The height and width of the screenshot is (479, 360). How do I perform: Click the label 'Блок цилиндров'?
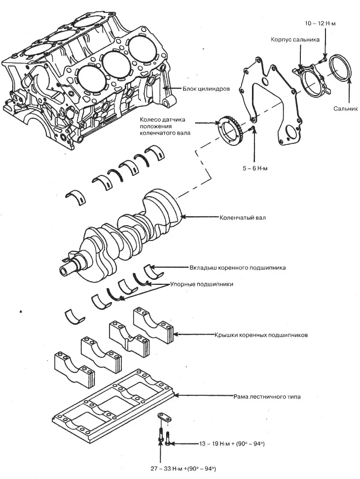(x=206, y=89)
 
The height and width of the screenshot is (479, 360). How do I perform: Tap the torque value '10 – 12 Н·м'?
(x=320, y=24)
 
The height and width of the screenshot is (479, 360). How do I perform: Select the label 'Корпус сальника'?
(x=295, y=40)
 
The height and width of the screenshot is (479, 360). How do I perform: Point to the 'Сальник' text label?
(x=345, y=109)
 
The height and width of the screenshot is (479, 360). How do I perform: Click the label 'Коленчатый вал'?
(x=243, y=218)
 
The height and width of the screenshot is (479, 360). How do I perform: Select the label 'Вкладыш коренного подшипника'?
(x=238, y=268)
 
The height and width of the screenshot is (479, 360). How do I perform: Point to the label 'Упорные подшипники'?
(x=202, y=284)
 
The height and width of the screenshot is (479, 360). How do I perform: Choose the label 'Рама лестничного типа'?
(x=267, y=397)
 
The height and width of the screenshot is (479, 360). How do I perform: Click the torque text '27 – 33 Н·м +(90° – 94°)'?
(x=184, y=468)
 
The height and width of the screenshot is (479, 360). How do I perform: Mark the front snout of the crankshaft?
(x=69, y=269)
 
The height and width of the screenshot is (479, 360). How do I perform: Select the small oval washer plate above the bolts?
(x=165, y=417)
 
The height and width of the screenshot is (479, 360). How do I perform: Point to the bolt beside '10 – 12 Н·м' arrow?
(x=323, y=60)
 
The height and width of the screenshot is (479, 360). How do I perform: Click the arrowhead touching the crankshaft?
(x=183, y=217)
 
